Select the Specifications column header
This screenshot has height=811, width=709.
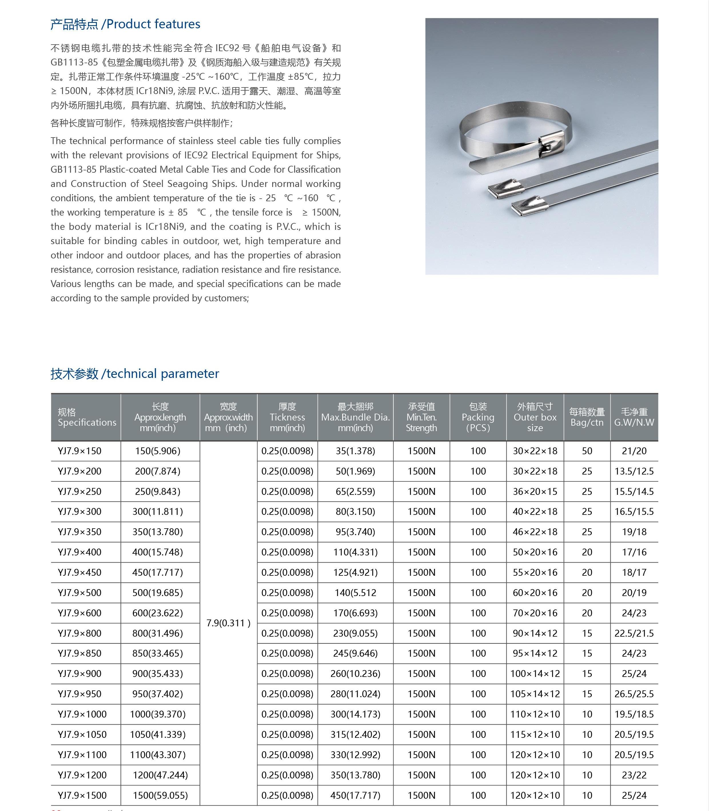(x=87, y=417)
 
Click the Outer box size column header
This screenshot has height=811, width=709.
(x=535, y=417)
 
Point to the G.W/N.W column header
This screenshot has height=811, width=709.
(x=634, y=417)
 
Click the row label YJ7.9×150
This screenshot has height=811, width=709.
(x=79, y=451)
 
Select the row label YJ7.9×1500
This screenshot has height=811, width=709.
(x=82, y=795)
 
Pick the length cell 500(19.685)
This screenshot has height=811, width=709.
(x=158, y=593)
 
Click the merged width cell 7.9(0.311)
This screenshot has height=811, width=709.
(x=228, y=623)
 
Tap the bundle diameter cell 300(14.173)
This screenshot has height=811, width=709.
(x=355, y=714)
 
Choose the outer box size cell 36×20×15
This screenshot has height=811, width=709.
(x=535, y=491)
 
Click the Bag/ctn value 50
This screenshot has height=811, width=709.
(x=587, y=451)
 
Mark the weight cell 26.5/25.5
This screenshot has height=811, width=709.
(x=634, y=694)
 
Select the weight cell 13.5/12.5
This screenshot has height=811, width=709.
(x=634, y=471)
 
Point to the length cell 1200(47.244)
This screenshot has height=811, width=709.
(x=160, y=775)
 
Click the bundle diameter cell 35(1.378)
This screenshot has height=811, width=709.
(x=355, y=451)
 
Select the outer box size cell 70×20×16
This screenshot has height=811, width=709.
(x=535, y=613)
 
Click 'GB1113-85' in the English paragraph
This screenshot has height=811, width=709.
(x=73, y=169)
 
